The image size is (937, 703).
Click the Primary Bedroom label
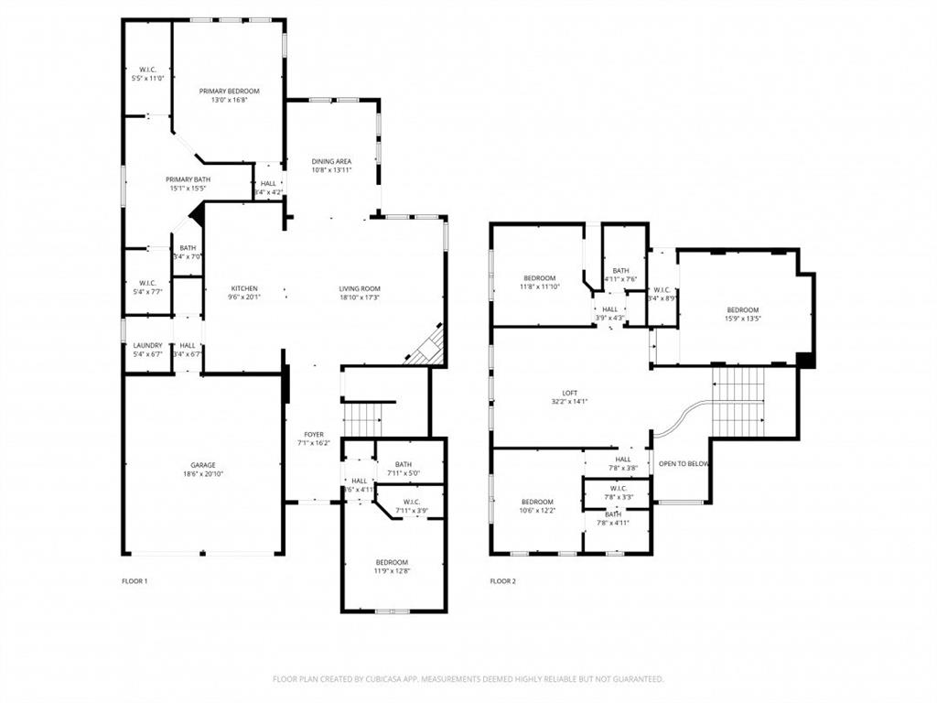[230, 92]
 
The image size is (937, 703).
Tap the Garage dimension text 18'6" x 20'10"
[203, 474]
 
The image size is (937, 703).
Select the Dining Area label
[331, 162]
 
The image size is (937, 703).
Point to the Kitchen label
[244, 288]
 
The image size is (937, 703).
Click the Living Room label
[360, 288]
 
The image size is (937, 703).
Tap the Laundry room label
[147, 345]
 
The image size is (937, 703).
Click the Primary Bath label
[188, 179]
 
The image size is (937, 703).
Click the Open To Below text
[684, 464]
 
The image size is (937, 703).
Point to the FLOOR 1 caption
[135, 581]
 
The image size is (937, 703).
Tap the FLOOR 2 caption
[502, 581]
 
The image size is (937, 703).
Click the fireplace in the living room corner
[428, 348]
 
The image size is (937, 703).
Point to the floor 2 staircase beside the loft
[738, 402]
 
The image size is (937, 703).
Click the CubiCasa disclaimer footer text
[468, 679]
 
